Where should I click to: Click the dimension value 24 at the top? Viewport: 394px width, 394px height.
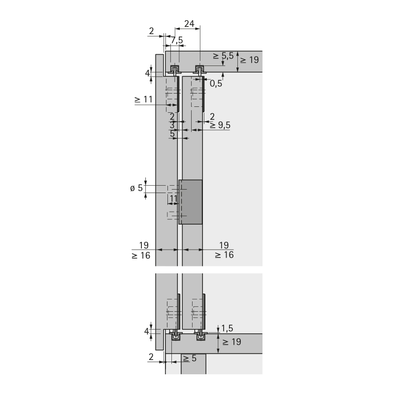click(x=189, y=24)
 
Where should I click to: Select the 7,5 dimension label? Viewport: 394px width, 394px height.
click(x=177, y=40)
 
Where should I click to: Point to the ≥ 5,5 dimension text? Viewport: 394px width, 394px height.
click(x=223, y=56)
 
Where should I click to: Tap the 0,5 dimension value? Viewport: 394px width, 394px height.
click(x=216, y=84)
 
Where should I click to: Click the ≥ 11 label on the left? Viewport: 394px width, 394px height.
click(x=144, y=99)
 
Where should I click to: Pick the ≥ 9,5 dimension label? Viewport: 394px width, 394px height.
click(x=220, y=125)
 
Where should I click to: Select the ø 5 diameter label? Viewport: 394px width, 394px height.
click(x=136, y=188)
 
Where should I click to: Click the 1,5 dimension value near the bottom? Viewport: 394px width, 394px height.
click(x=227, y=328)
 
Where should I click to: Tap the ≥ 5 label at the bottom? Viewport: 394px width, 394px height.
click(x=190, y=359)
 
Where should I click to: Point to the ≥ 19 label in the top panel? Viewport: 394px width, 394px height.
click(x=249, y=60)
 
